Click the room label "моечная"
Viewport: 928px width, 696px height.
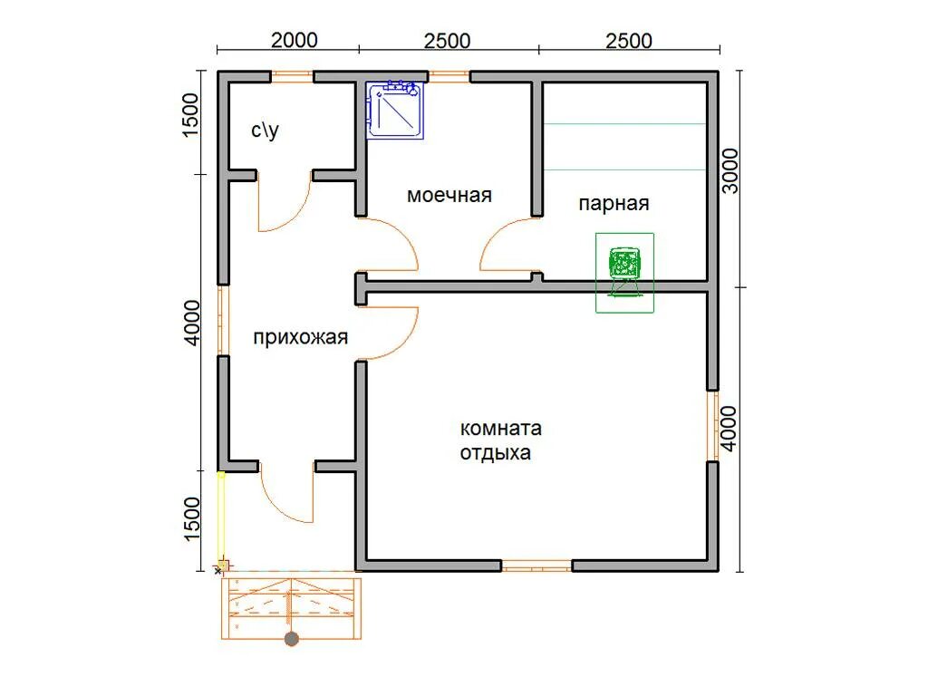point(449,196)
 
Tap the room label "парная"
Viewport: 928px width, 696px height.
point(614,204)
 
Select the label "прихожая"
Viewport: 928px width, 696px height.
point(300,337)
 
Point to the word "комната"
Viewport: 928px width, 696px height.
point(500,428)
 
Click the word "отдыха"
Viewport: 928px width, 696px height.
point(496,453)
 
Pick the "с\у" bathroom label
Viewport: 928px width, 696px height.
point(265,130)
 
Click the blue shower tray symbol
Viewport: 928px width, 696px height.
point(395,110)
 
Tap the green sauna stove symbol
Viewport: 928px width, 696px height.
point(624,272)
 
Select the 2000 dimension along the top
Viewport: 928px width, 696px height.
point(295,40)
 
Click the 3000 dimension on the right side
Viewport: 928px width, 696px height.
point(730,171)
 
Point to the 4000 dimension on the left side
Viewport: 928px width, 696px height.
point(192,323)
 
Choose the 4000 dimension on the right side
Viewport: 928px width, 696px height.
point(729,429)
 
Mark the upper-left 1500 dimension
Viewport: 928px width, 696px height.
point(190,115)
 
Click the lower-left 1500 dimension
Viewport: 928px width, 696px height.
point(192,519)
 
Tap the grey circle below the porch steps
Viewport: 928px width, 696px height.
point(291,639)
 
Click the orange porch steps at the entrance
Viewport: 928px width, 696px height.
point(291,608)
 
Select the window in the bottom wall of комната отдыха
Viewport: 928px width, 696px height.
point(536,565)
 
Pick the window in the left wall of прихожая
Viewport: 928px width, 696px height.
point(223,320)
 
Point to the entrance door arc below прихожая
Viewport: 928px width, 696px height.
point(278,507)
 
